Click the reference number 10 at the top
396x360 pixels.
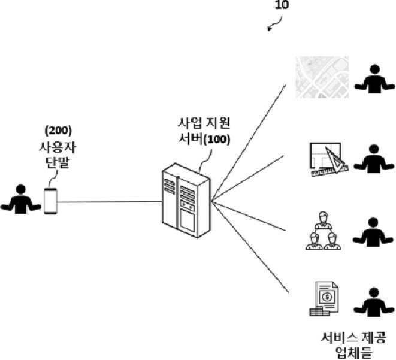(x=282, y=5)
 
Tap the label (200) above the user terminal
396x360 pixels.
(x=58, y=131)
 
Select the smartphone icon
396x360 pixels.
(x=50, y=201)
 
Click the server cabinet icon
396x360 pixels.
(x=186, y=200)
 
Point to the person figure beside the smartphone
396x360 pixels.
(x=21, y=199)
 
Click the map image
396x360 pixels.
(x=322, y=77)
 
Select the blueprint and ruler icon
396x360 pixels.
(x=329, y=159)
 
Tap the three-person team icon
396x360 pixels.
(x=323, y=231)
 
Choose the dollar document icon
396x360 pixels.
(x=324, y=299)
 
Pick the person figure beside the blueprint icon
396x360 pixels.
(x=374, y=159)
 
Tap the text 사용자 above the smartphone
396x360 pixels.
(x=58, y=147)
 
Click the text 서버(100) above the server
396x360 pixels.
(x=204, y=139)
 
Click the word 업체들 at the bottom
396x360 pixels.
(x=353, y=353)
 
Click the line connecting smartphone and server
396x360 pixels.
(x=110, y=202)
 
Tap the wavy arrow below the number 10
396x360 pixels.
(x=275, y=24)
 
